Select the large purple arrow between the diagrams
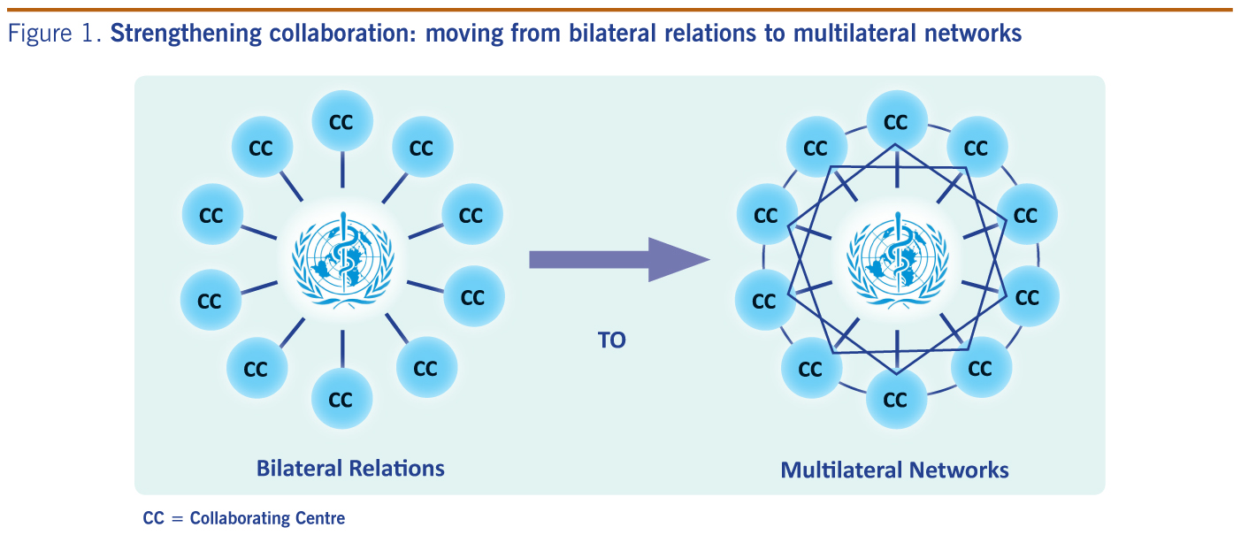coord(619,259)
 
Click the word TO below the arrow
coord(611,340)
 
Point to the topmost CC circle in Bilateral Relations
coord(341,122)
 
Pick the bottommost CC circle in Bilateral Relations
coord(341,400)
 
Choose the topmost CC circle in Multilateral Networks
coord(896,121)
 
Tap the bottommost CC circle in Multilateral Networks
coord(896,400)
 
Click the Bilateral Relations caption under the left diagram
coord(350,467)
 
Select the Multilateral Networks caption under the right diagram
coord(894,470)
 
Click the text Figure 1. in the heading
coord(56,34)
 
